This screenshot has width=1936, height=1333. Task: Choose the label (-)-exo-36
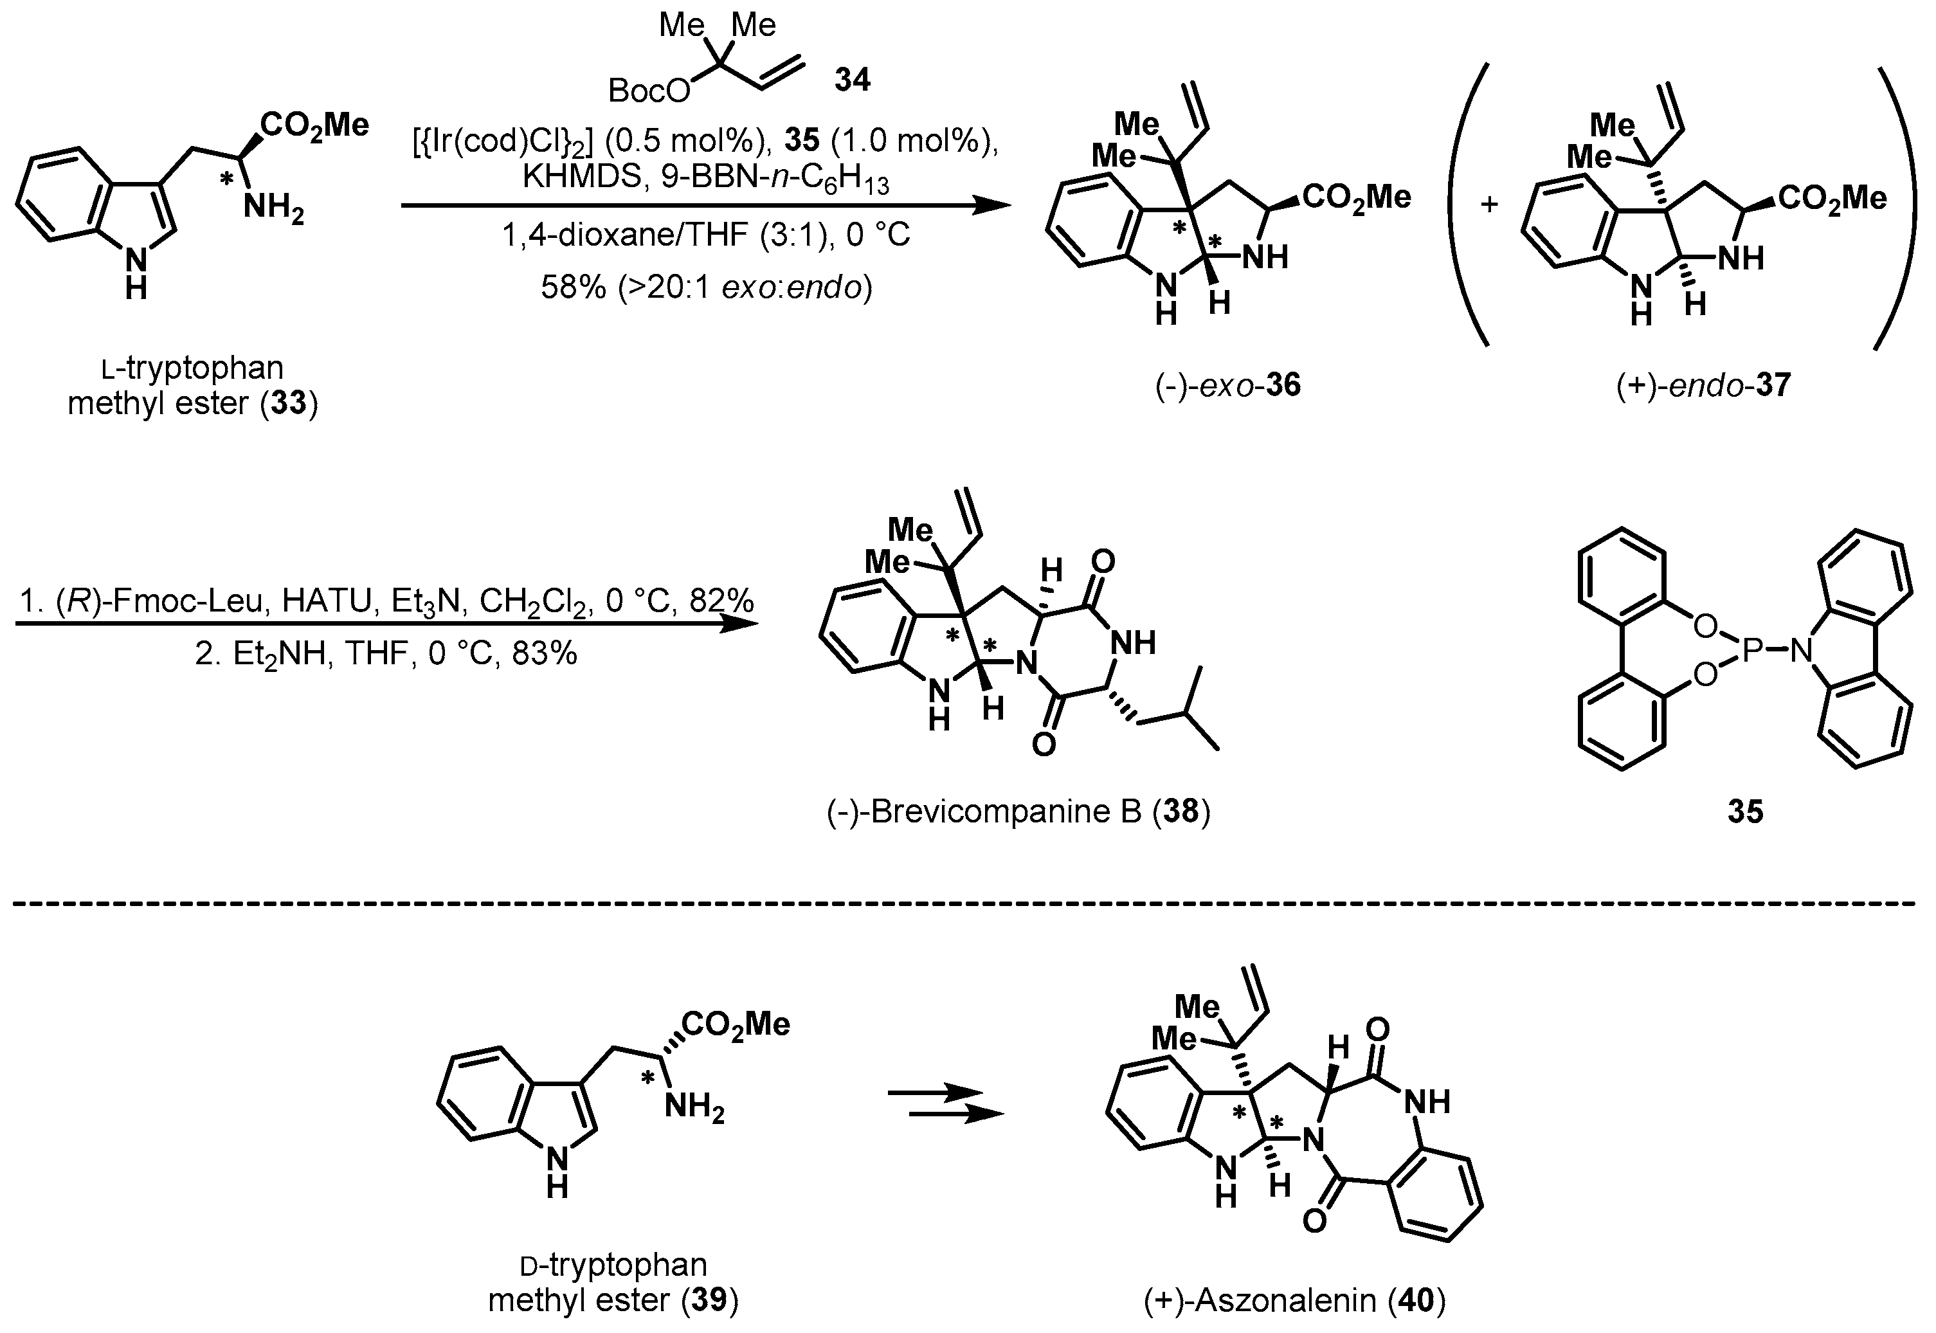tap(1227, 385)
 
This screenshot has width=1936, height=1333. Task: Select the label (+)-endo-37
tap(1703, 385)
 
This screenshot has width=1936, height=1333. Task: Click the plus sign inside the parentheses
tap(1489, 203)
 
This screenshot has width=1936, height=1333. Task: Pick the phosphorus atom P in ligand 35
tap(1751, 648)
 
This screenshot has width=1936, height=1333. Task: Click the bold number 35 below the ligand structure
tap(1745, 811)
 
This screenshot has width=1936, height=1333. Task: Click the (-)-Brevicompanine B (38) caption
tap(1018, 811)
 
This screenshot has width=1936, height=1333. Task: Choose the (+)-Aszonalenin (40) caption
tap(1294, 1300)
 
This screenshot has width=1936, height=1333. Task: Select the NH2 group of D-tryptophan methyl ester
tap(695, 1109)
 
